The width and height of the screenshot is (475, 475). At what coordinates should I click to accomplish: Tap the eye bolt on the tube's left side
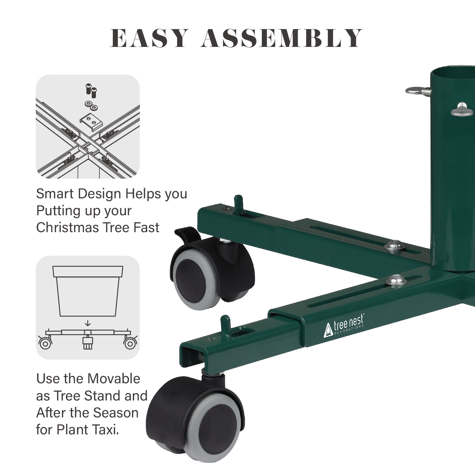tap(416, 91)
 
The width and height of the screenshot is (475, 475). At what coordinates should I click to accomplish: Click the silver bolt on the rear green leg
tap(393, 246)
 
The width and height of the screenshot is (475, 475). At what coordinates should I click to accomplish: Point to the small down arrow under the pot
tap(88, 323)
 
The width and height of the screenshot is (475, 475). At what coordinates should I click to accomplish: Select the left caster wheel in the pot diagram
tap(45, 344)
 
